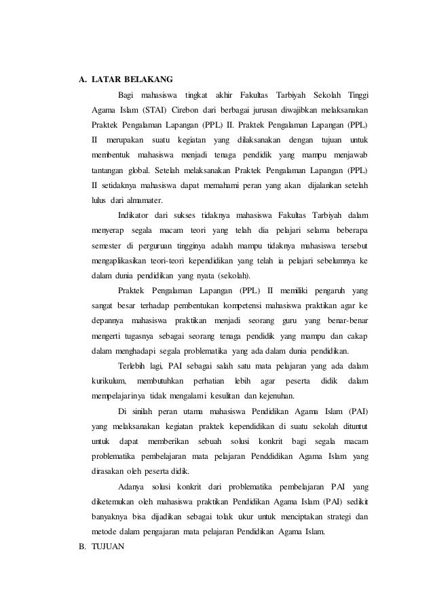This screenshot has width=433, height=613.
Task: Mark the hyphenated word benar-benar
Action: [348, 320]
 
